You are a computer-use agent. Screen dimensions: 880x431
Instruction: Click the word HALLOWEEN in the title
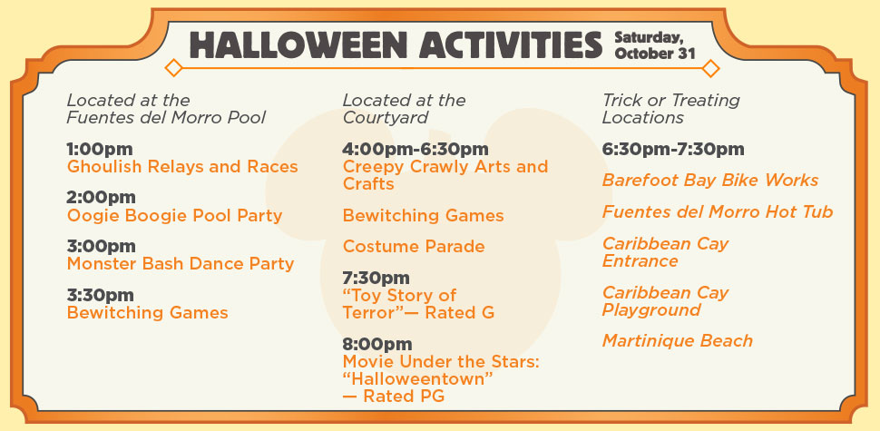[x=298, y=44]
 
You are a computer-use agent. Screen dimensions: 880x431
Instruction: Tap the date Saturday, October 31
[x=655, y=45]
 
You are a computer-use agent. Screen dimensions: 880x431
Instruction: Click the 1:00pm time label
[x=100, y=150]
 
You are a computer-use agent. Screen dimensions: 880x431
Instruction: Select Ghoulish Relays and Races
[x=182, y=167]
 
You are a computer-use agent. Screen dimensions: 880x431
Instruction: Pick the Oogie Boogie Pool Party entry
[x=174, y=216]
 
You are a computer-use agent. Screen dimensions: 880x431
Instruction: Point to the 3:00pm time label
[x=101, y=247]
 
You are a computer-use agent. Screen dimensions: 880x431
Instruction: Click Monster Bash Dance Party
[x=181, y=264]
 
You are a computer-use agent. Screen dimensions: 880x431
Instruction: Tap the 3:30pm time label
[x=100, y=295]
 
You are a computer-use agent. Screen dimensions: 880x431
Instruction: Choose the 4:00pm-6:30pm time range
[x=416, y=150]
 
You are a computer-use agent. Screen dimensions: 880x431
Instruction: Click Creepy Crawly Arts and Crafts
[x=445, y=175]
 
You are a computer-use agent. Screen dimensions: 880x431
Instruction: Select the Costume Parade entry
[x=414, y=247]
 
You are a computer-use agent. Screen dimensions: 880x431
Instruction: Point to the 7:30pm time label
[x=376, y=278]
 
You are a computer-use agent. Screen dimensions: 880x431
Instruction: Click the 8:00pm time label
[x=377, y=344]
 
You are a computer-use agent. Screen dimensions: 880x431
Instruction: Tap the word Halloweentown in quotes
[x=417, y=378]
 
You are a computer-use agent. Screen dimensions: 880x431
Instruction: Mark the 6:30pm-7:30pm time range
[x=673, y=150]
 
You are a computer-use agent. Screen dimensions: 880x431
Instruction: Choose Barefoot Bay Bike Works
[x=710, y=181]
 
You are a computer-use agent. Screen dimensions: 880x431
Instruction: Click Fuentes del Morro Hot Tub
[x=718, y=212]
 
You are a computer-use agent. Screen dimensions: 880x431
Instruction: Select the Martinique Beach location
[x=678, y=340]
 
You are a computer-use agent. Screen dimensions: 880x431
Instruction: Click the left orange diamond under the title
[x=173, y=68]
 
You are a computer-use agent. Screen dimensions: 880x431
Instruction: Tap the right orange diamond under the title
[x=711, y=68]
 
